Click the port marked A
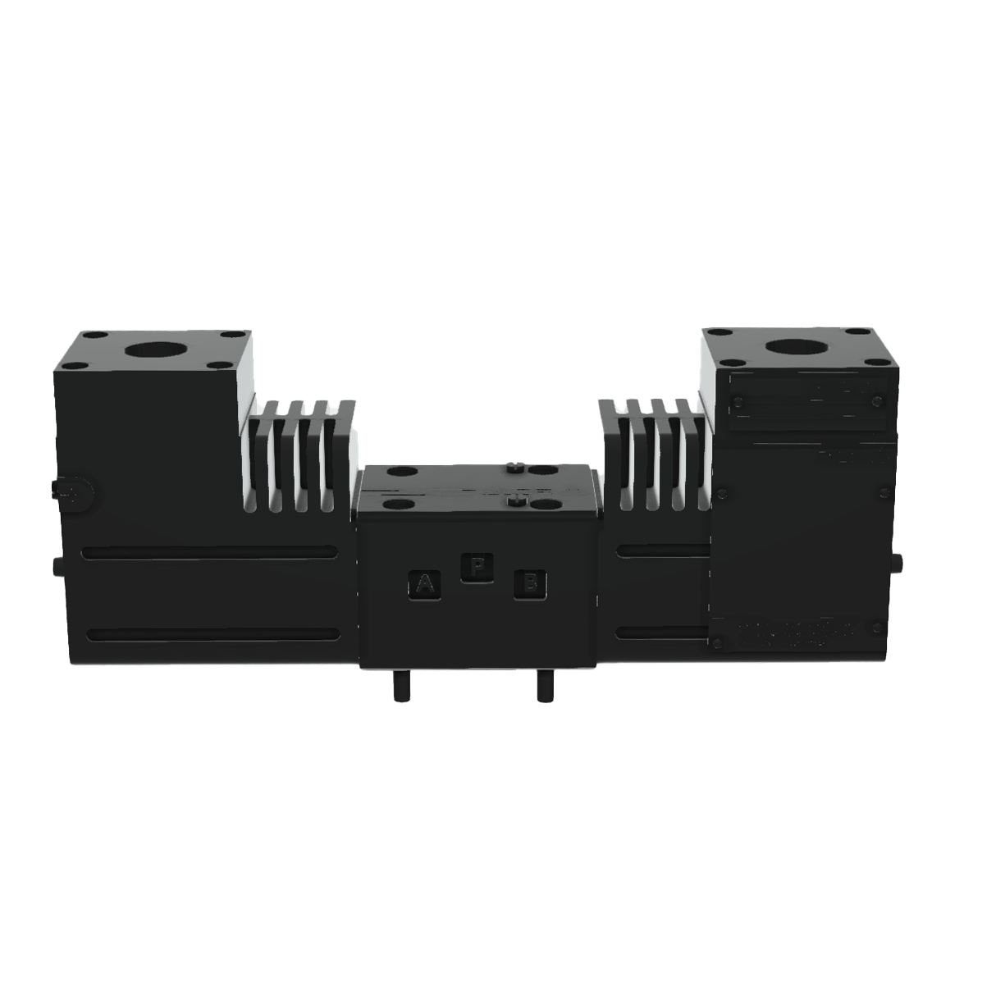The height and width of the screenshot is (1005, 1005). pyautogui.click(x=424, y=584)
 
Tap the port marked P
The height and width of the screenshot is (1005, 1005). pyautogui.click(x=477, y=568)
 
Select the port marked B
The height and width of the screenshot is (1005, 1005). pyautogui.click(x=530, y=584)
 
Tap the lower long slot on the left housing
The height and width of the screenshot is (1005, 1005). pyautogui.click(x=211, y=633)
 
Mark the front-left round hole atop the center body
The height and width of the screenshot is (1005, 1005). pyautogui.click(x=399, y=506)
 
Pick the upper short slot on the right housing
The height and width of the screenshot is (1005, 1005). pyautogui.click(x=661, y=550)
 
